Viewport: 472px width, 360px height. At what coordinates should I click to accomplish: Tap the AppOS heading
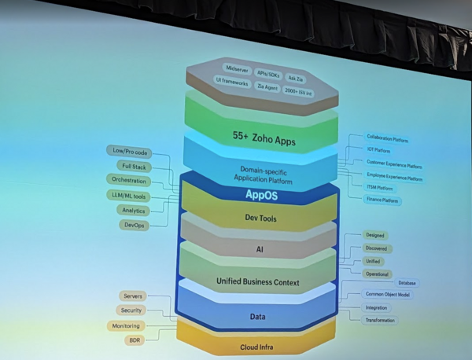(x=261, y=193)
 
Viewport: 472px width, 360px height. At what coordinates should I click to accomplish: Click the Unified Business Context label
(x=258, y=281)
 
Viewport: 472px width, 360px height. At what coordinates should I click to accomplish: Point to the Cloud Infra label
(x=259, y=347)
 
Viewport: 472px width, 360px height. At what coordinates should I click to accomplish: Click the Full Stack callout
(x=133, y=166)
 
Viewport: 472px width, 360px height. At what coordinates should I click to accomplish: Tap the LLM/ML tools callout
(x=128, y=195)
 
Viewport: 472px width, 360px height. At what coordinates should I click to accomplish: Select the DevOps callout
(x=134, y=225)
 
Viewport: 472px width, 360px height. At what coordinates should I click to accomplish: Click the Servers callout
(x=132, y=296)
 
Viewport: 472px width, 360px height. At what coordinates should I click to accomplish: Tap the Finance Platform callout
(x=383, y=200)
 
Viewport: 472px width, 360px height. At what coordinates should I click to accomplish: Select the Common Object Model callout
(x=389, y=295)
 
